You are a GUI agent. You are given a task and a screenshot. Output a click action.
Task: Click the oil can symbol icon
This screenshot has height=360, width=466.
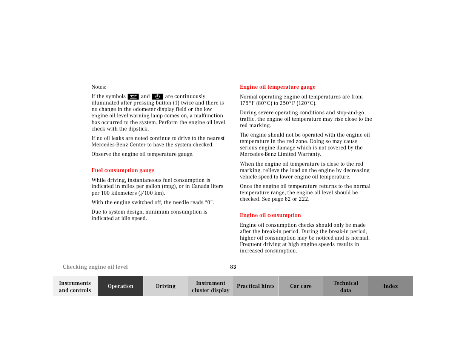133,97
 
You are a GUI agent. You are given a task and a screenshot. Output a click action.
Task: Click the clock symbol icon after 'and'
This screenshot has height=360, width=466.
157,97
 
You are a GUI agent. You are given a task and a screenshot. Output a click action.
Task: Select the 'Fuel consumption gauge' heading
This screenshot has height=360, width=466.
123,170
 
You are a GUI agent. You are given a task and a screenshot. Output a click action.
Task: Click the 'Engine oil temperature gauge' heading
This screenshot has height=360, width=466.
277,87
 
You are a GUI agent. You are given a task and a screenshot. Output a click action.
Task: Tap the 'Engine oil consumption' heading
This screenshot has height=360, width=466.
270,215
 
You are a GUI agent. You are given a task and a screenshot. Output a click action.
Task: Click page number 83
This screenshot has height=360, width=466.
233,267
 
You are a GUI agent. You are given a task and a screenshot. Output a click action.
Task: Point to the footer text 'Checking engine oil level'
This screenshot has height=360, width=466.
95,267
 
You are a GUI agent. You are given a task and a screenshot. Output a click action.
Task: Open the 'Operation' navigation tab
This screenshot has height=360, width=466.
120,286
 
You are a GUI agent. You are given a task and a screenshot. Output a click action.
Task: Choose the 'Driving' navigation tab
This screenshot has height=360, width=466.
165,286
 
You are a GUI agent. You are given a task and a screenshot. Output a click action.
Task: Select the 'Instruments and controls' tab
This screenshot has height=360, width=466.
75,286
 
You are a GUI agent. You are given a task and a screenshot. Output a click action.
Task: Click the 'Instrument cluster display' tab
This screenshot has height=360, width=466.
211,286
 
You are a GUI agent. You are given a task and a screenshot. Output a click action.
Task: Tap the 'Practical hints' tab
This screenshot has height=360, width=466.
255,286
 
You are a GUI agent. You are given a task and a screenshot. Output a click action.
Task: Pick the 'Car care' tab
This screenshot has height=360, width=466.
301,286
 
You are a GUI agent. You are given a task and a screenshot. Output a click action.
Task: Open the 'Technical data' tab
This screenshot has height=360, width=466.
346,286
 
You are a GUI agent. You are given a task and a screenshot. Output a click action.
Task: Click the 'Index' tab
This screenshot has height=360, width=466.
391,286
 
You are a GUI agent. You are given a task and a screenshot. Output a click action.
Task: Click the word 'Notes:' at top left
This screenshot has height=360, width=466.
99,87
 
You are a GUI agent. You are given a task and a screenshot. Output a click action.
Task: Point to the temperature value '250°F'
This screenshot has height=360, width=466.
287,103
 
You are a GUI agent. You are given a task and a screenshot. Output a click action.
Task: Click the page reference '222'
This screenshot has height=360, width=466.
303,199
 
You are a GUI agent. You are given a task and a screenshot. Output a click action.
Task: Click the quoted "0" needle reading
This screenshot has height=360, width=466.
209,202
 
